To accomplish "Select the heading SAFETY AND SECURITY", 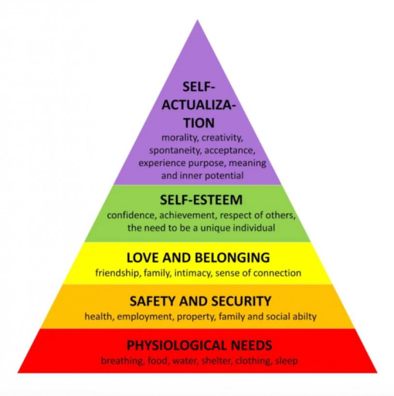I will pos(200,301).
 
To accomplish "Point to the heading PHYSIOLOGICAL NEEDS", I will pos(199,345).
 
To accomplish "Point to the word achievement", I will pos(182,214).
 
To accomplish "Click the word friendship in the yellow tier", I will pos(116,273).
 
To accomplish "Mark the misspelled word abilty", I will pos(304,317).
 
